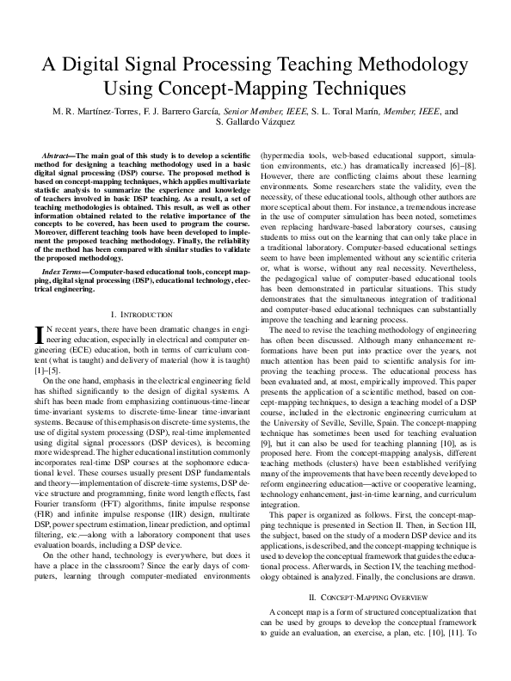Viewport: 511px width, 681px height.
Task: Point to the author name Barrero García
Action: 189,111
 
